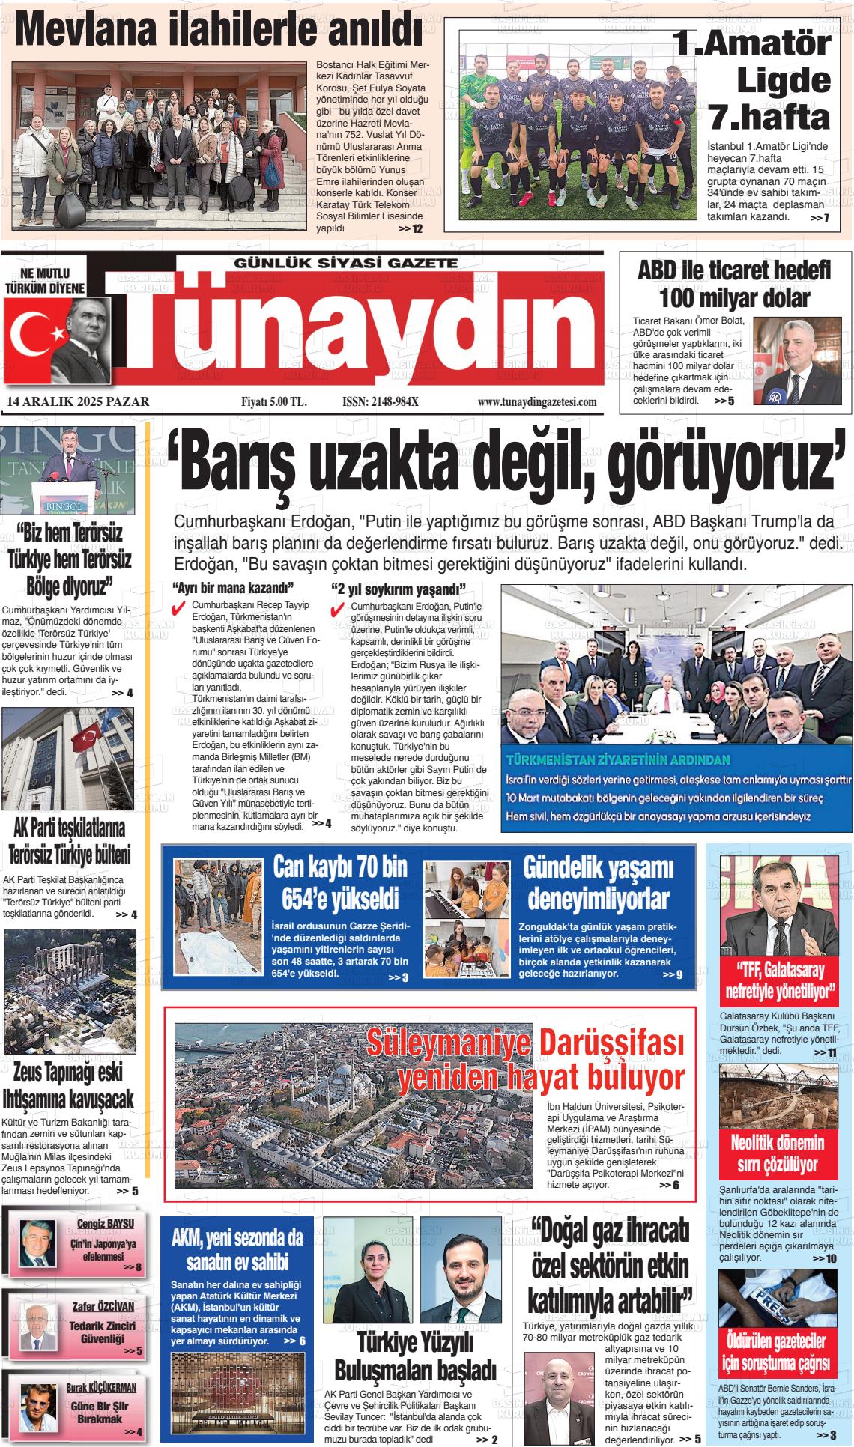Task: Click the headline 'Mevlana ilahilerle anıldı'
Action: click(218, 31)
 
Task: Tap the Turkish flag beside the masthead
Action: click(34, 333)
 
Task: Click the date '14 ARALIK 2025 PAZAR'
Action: click(78, 402)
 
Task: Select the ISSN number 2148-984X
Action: click(380, 402)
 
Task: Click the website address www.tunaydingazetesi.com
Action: click(537, 402)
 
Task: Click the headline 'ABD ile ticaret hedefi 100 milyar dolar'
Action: click(734, 284)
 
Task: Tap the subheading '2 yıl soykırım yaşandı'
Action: click(399, 588)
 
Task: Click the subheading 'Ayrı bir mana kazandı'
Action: click(233, 588)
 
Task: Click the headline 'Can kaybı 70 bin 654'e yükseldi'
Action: click(340, 882)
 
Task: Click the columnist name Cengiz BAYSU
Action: click(106, 1224)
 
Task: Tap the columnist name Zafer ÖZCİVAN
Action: click(103, 1306)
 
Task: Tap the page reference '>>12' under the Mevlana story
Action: click(411, 228)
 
